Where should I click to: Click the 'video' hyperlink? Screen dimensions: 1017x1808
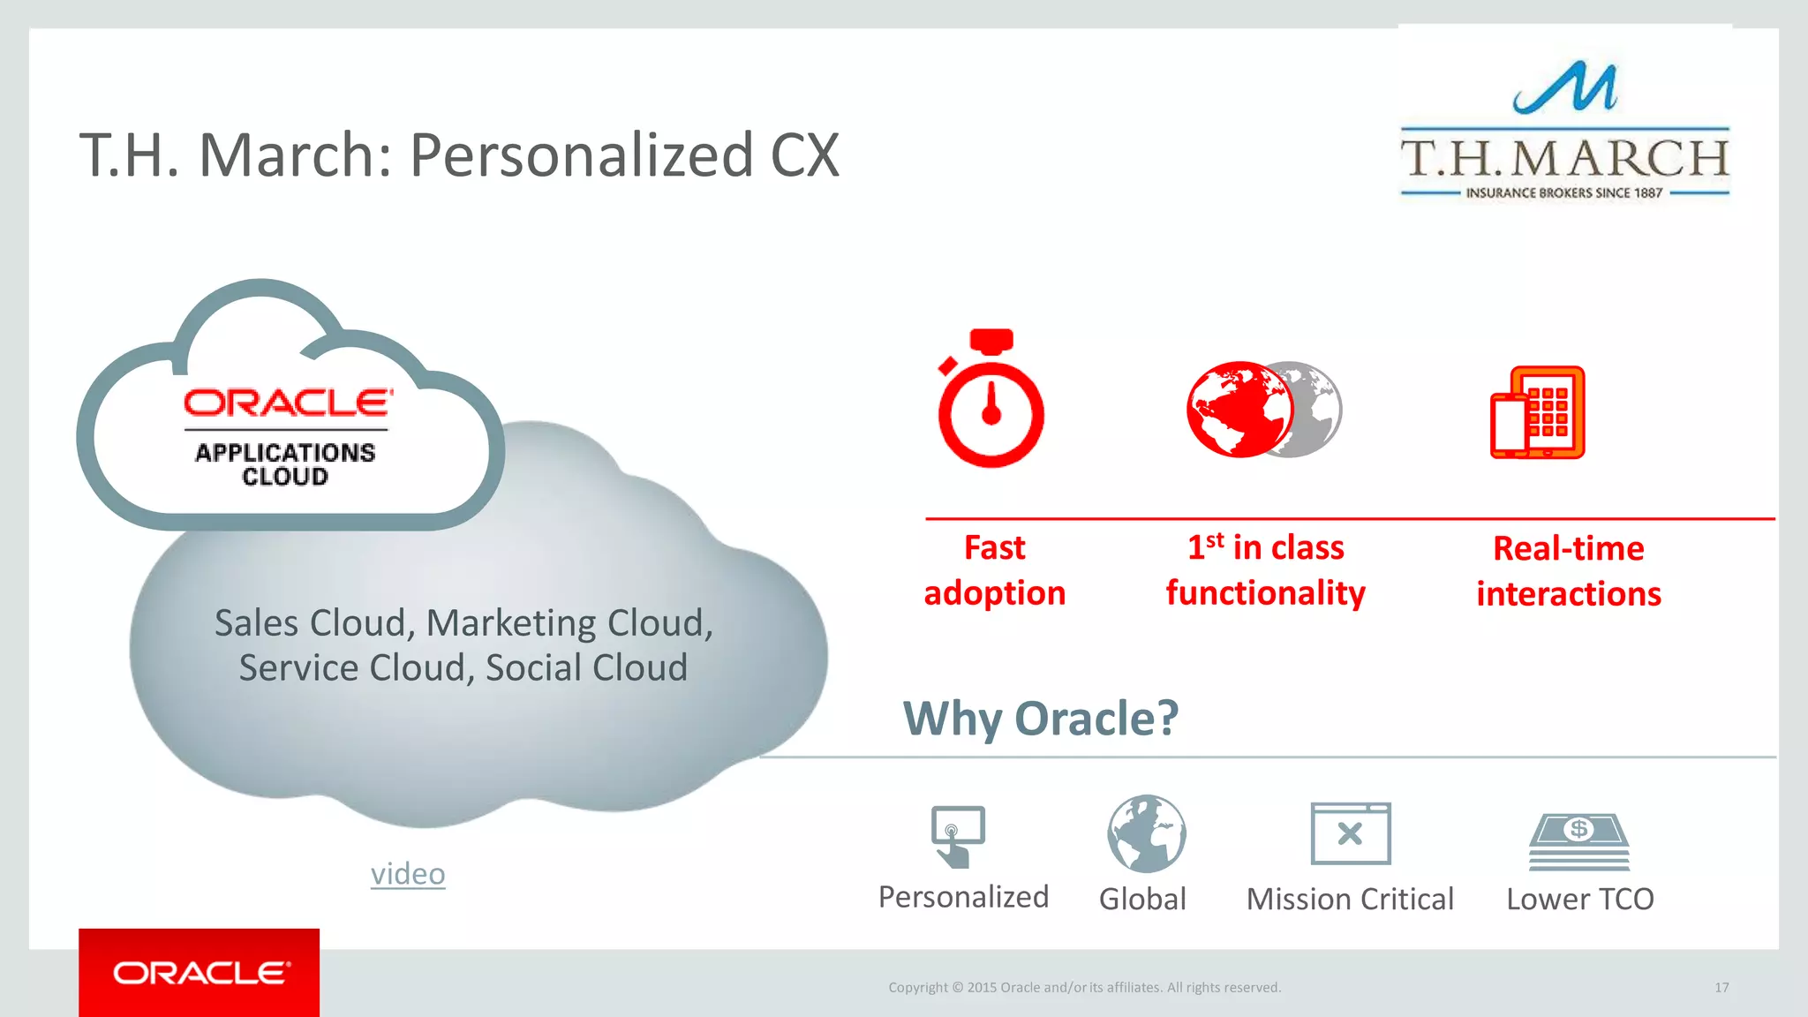(408, 873)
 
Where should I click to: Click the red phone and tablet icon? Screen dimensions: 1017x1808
(1538, 412)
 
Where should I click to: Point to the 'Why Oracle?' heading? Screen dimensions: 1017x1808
(1040, 718)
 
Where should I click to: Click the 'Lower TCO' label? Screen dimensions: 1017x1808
(1579, 899)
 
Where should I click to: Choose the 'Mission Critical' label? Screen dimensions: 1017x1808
(1350, 899)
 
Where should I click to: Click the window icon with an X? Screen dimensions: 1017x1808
(1351, 833)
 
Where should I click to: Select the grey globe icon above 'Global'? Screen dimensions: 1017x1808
(1147, 833)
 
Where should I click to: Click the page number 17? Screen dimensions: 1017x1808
(1721, 987)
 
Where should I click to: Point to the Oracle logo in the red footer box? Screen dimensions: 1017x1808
(200, 973)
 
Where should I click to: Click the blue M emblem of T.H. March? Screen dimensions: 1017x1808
(1565, 88)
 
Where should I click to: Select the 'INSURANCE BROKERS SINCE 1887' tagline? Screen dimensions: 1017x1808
(1564, 192)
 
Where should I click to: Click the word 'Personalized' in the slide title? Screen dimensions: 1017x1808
(581, 155)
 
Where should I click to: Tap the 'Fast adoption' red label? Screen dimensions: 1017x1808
(995, 570)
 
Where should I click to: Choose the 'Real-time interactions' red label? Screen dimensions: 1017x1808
(1569, 571)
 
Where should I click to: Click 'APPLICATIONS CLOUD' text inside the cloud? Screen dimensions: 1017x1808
(285, 464)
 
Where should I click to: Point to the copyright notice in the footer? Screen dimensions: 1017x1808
(1084, 987)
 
